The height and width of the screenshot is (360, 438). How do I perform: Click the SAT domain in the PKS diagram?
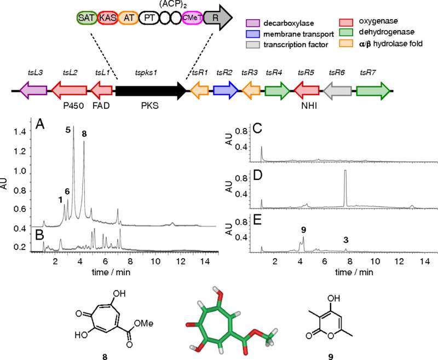tap(85, 18)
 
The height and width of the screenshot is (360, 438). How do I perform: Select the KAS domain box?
tap(106, 18)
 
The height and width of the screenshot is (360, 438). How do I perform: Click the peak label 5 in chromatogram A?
tap(68, 130)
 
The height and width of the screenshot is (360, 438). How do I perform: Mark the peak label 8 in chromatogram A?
tap(84, 134)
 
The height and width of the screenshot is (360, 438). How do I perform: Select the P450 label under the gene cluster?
tap(73, 106)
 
